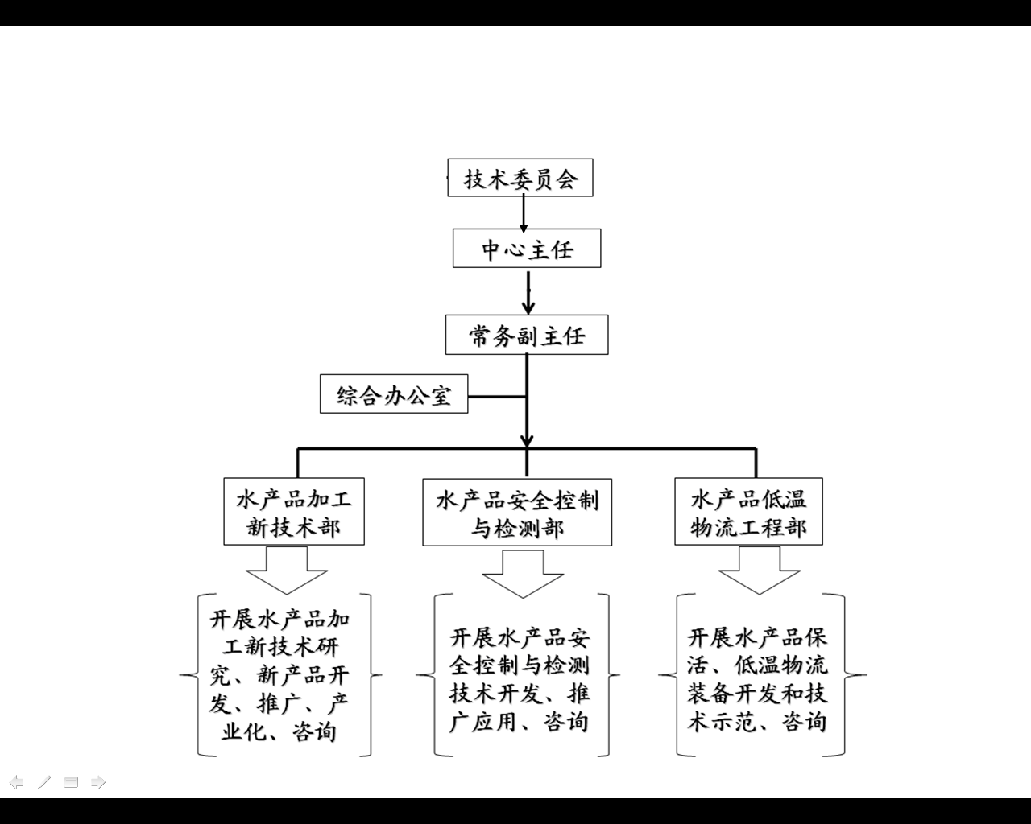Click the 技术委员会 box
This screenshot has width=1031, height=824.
pyautogui.click(x=520, y=178)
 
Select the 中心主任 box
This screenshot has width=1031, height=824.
pyautogui.click(x=527, y=249)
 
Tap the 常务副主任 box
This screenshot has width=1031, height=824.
pyautogui.click(x=527, y=335)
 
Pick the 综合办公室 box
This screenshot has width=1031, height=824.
pyautogui.click(x=394, y=394)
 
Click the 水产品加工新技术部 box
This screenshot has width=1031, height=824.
pyautogui.click(x=294, y=512)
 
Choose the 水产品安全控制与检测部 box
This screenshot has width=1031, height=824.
pyautogui.click(x=517, y=513)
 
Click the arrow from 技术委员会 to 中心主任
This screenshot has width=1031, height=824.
pyautogui.click(x=524, y=213)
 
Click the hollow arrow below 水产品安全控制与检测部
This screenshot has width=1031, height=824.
pyautogui.click(x=523, y=572)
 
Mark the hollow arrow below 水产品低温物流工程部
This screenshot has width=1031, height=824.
pyautogui.click(x=759, y=569)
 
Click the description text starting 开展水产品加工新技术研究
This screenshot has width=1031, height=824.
pyautogui.click(x=280, y=675)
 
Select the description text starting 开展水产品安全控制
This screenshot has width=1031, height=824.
pyautogui.click(x=520, y=679)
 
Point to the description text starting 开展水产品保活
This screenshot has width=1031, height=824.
pyautogui.click(x=757, y=679)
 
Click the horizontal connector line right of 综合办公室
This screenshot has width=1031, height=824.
pyautogui.click(x=497, y=396)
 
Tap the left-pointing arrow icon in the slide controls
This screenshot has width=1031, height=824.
pyautogui.click(x=16, y=782)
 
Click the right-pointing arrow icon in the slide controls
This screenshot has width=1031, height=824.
pyautogui.click(x=98, y=782)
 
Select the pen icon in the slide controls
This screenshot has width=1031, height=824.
pyautogui.click(x=44, y=782)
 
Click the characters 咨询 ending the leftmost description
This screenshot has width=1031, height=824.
pyautogui.click(x=315, y=731)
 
